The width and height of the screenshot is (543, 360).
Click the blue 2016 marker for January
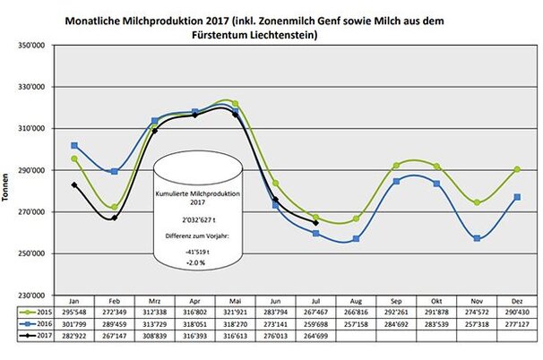(x=74, y=145)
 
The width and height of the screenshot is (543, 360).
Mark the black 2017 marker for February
(x=115, y=218)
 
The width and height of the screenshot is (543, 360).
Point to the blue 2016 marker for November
(x=478, y=238)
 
